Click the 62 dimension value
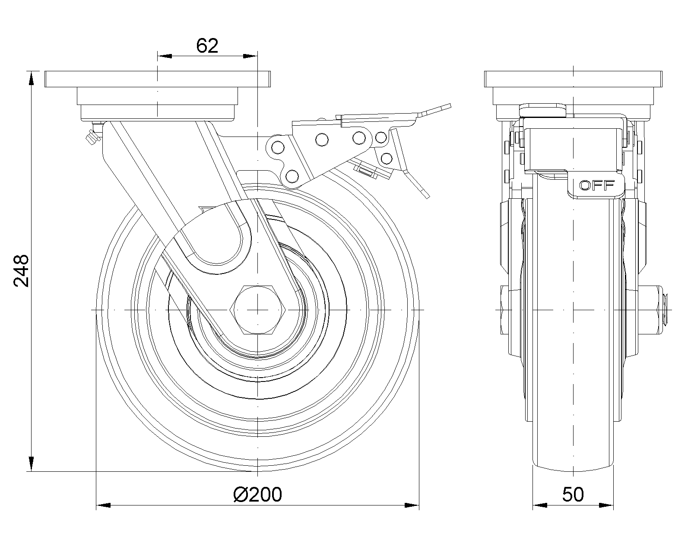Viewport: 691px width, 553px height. pos(207,46)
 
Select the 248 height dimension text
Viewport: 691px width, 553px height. pos(21,270)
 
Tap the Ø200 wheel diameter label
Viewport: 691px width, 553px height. pos(257,494)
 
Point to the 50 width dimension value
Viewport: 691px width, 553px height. pos(573,494)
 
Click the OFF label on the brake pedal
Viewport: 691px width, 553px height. pos(597,186)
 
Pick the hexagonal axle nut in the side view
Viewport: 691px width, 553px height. pos(258,310)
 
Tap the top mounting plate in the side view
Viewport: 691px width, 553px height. pos(573,79)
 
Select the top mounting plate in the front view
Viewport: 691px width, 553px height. pos(158,79)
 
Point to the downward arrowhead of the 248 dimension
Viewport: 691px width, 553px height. pos(31,465)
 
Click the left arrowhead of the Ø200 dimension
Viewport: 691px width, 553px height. pos(102,505)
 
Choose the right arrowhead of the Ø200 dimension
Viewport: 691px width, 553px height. pos(413,505)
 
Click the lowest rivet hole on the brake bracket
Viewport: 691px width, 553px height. pos(292,176)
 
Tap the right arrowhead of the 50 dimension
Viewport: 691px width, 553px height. pos(607,505)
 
